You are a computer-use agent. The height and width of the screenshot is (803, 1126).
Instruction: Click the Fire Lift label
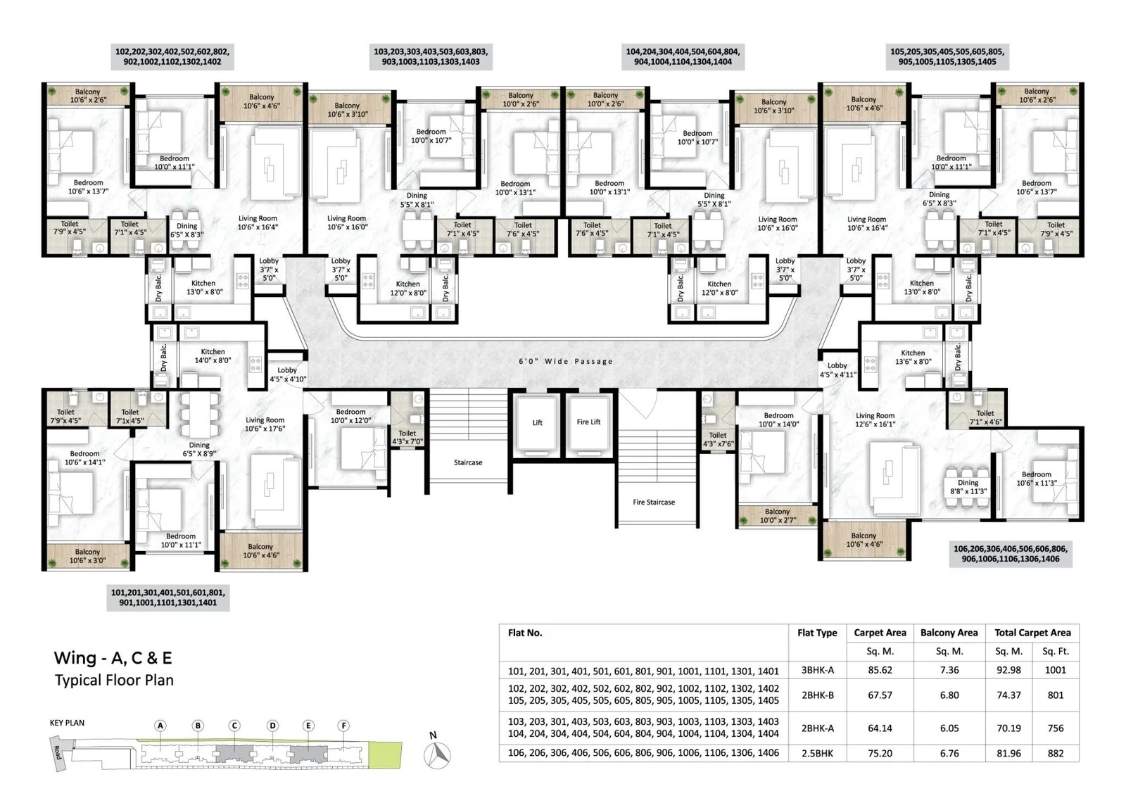click(x=588, y=422)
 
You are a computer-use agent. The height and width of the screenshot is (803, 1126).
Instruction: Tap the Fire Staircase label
click(x=654, y=502)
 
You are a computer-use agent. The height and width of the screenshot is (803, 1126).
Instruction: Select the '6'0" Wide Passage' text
click(x=566, y=361)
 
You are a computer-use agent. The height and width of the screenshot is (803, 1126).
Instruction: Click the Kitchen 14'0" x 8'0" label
click(x=213, y=356)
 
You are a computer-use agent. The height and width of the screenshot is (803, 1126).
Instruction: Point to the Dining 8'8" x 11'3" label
click(x=968, y=487)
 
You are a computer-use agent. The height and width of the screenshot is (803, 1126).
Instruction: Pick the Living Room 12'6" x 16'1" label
click(x=875, y=420)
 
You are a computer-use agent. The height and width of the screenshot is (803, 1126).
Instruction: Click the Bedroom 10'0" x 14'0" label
click(x=778, y=420)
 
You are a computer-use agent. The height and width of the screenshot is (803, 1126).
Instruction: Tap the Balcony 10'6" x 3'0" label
click(x=87, y=556)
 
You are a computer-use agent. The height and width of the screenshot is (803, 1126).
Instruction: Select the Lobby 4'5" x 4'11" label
click(x=837, y=369)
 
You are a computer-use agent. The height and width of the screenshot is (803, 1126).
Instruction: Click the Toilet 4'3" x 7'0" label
click(x=407, y=438)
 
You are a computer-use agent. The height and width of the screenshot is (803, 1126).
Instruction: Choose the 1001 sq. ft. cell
click(x=1055, y=670)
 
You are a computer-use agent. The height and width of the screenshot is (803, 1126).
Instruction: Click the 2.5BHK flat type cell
click(x=817, y=753)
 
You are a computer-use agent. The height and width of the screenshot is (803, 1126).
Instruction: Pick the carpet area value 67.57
click(x=880, y=695)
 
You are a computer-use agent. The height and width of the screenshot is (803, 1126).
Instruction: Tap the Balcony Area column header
click(x=949, y=633)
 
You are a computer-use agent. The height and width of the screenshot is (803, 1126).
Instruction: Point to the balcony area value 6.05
click(x=949, y=728)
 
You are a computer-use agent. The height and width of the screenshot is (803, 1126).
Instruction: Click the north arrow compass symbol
click(x=437, y=754)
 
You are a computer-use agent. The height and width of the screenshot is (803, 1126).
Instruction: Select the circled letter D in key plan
click(x=272, y=726)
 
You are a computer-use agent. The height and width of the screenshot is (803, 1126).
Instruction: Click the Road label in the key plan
click(x=57, y=752)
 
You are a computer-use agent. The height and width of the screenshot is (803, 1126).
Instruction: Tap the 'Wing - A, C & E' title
click(x=113, y=658)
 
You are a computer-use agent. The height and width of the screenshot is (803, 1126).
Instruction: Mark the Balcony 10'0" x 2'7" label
click(x=777, y=516)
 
